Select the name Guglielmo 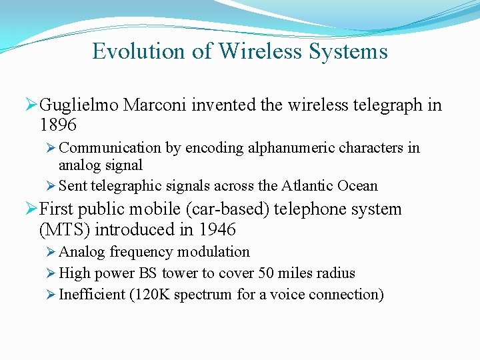pos(81,105)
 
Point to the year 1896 pos(58,125)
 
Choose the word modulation pos(215,252)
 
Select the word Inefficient pos(92,295)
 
